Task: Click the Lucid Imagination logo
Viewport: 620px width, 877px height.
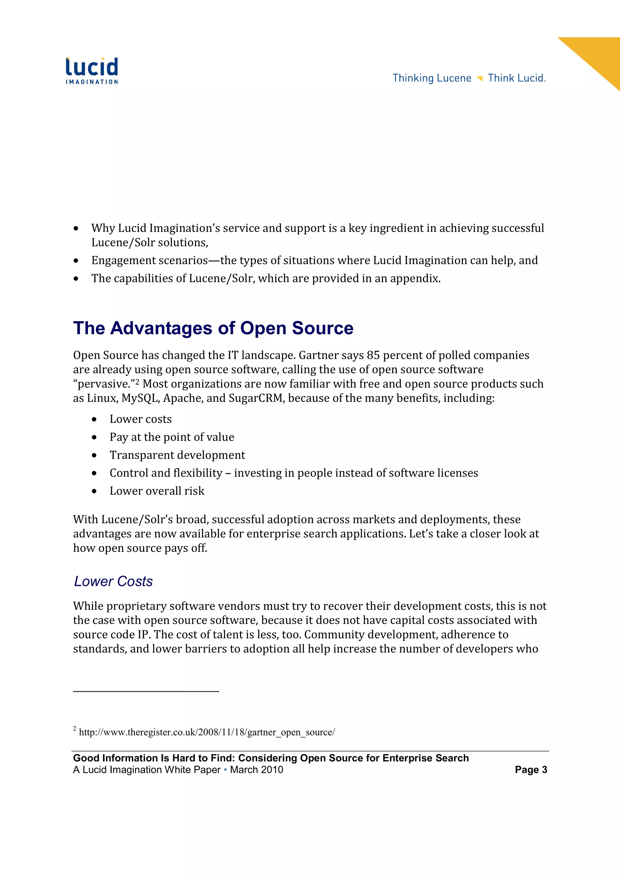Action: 92,71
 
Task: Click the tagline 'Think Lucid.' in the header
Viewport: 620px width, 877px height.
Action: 516,78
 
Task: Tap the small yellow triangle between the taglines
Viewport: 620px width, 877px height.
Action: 480,79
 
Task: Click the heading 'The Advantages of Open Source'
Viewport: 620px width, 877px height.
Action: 213,328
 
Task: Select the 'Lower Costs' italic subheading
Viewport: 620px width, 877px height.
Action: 113,581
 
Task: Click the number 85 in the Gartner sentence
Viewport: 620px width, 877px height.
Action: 373,355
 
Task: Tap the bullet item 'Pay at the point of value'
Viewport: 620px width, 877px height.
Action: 172,437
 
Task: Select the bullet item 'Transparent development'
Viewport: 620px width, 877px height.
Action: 177,455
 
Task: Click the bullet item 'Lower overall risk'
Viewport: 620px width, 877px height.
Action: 157,491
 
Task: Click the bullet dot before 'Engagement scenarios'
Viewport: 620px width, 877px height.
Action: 76,261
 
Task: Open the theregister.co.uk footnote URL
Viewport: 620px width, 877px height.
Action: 207,732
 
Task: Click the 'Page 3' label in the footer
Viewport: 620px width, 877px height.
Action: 531,770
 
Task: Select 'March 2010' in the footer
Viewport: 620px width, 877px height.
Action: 256,770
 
